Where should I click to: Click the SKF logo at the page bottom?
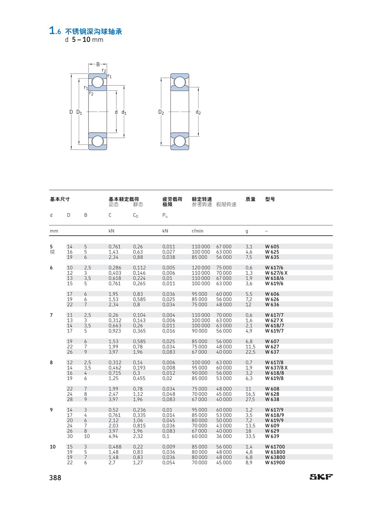tap(321, 477)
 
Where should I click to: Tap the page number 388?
tap(55, 478)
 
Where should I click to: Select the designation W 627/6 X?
tap(276, 273)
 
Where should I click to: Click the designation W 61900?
tap(275, 463)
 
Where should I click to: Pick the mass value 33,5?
tap(251, 436)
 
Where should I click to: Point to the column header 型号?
tap(270, 199)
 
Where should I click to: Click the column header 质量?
tap(251, 199)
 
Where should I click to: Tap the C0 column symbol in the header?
tap(135, 216)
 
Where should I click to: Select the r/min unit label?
tap(197, 231)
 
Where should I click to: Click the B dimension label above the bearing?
tap(98, 65)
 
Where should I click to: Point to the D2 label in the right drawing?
tap(161, 112)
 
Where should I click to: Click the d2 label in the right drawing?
tap(198, 112)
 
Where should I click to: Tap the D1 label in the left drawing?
tap(79, 112)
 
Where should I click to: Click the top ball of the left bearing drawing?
tap(98, 82)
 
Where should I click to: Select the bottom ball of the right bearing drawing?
tap(180, 141)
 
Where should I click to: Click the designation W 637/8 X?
tap(276, 368)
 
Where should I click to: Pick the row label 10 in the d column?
tap(52, 447)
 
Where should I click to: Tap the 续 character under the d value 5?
tap(52, 252)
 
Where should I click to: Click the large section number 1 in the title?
tap(52, 31)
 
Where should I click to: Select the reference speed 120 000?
tap(201, 268)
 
